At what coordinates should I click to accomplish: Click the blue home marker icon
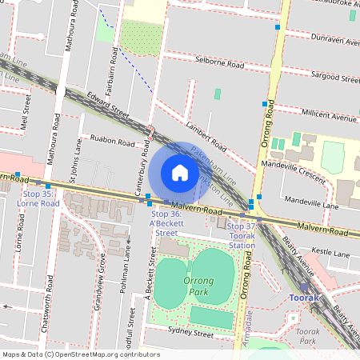tap(180, 173)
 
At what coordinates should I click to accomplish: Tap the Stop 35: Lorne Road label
tap(38, 198)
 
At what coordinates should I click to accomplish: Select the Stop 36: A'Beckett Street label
tap(166, 219)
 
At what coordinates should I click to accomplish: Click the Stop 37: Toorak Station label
tap(242, 236)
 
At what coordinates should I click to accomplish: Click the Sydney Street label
tap(190, 334)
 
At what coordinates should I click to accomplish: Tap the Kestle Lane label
tap(330, 254)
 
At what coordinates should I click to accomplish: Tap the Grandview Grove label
tap(102, 273)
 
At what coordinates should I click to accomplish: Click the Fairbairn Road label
tap(114, 66)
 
